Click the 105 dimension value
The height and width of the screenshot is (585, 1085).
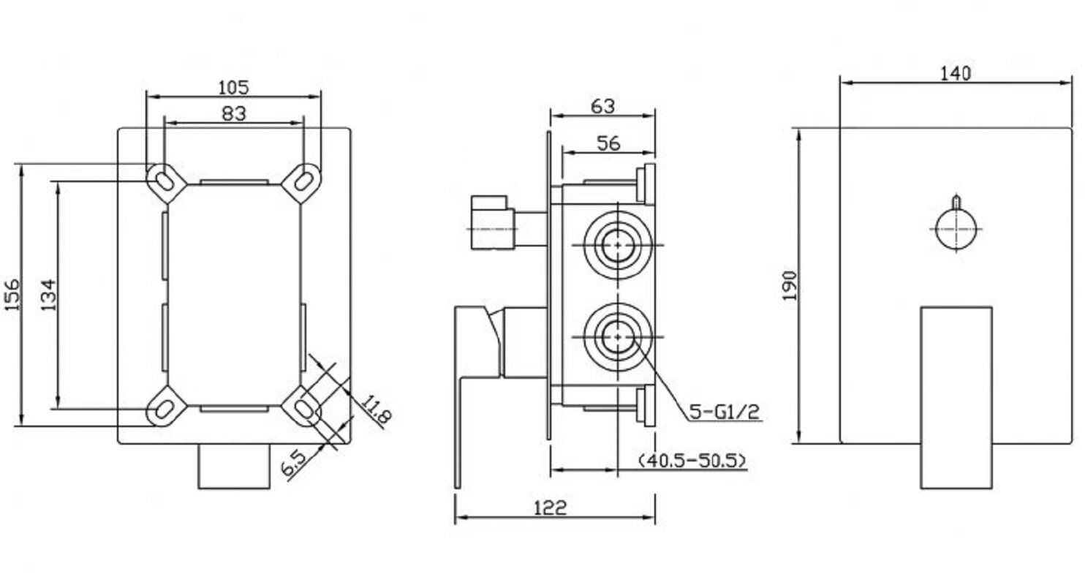click(233, 88)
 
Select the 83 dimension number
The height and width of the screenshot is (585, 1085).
click(234, 114)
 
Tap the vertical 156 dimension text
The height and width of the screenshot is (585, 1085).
click(12, 295)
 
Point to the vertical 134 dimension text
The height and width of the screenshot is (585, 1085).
click(48, 295)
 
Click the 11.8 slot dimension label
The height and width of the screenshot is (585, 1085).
click(377, 410)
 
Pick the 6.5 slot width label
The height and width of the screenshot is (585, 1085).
click(294, 462)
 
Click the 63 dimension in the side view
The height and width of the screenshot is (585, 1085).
click(603, 107)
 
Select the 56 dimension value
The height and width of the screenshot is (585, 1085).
click(608, 143)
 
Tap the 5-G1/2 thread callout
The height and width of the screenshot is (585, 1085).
click(725, 412)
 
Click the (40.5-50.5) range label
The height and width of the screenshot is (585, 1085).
click(692, 460)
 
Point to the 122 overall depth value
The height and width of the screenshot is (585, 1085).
click(551, 508)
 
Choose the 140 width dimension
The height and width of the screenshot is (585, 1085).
click(956, 74)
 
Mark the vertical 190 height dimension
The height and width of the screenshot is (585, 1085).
click(790, 286)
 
